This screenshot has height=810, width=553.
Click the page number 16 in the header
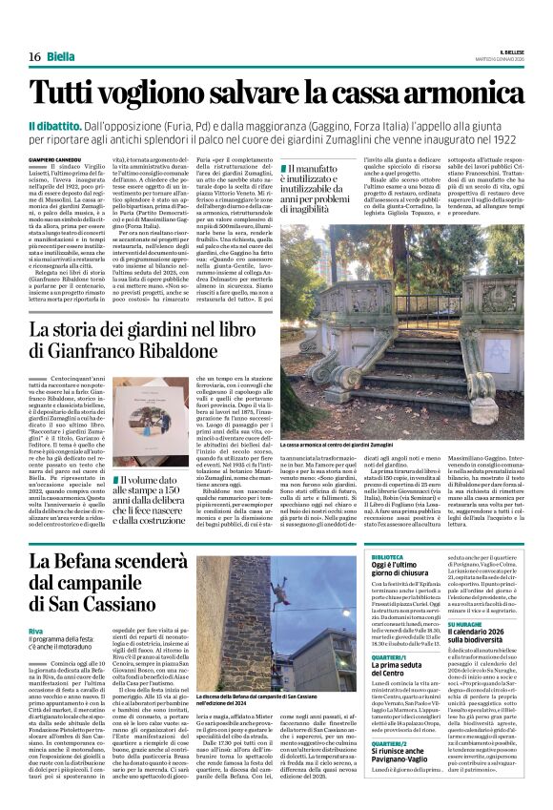32,56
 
